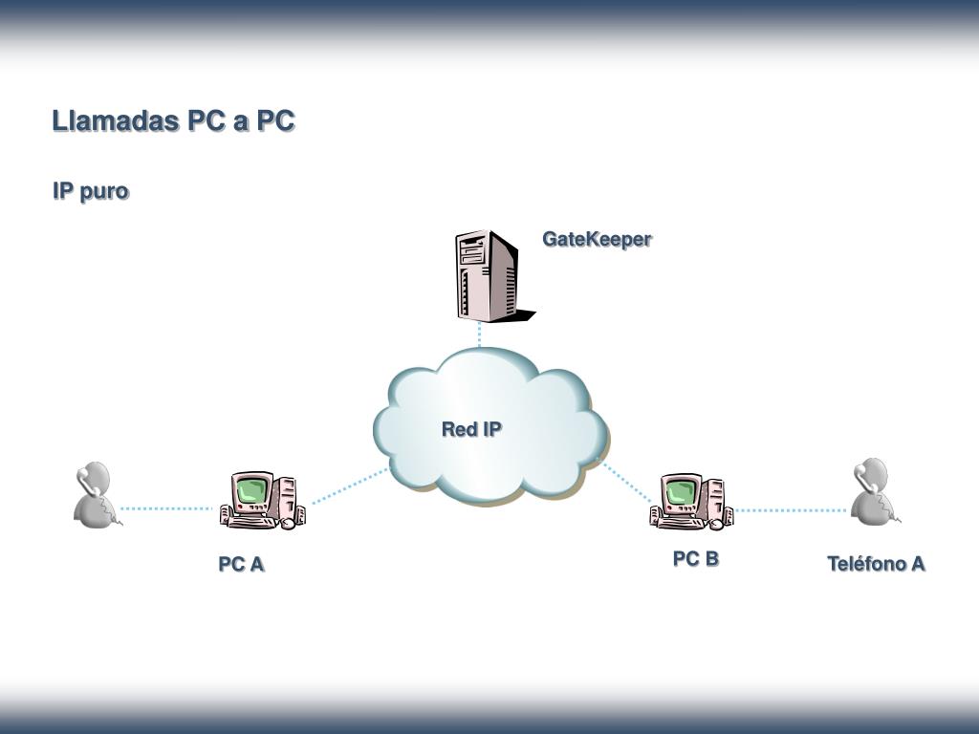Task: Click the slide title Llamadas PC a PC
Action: point(173,120)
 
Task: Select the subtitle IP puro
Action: point(91,191)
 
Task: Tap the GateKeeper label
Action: point(597,239)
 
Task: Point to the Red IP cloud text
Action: point(471,429)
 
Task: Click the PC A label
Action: point(242,564)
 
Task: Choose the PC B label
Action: point(696,558)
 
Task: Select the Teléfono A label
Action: point(876,564)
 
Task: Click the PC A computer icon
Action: point(262,501)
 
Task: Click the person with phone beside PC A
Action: point(97,495)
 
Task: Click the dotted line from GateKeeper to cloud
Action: point(480,334)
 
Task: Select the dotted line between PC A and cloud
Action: point(350,486)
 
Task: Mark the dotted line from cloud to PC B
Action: point(626,482)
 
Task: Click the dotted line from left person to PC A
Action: point(166,508)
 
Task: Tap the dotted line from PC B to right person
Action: point(791,510)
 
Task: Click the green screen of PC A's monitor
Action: point(251,488)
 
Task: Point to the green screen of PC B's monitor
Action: point(681,491)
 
